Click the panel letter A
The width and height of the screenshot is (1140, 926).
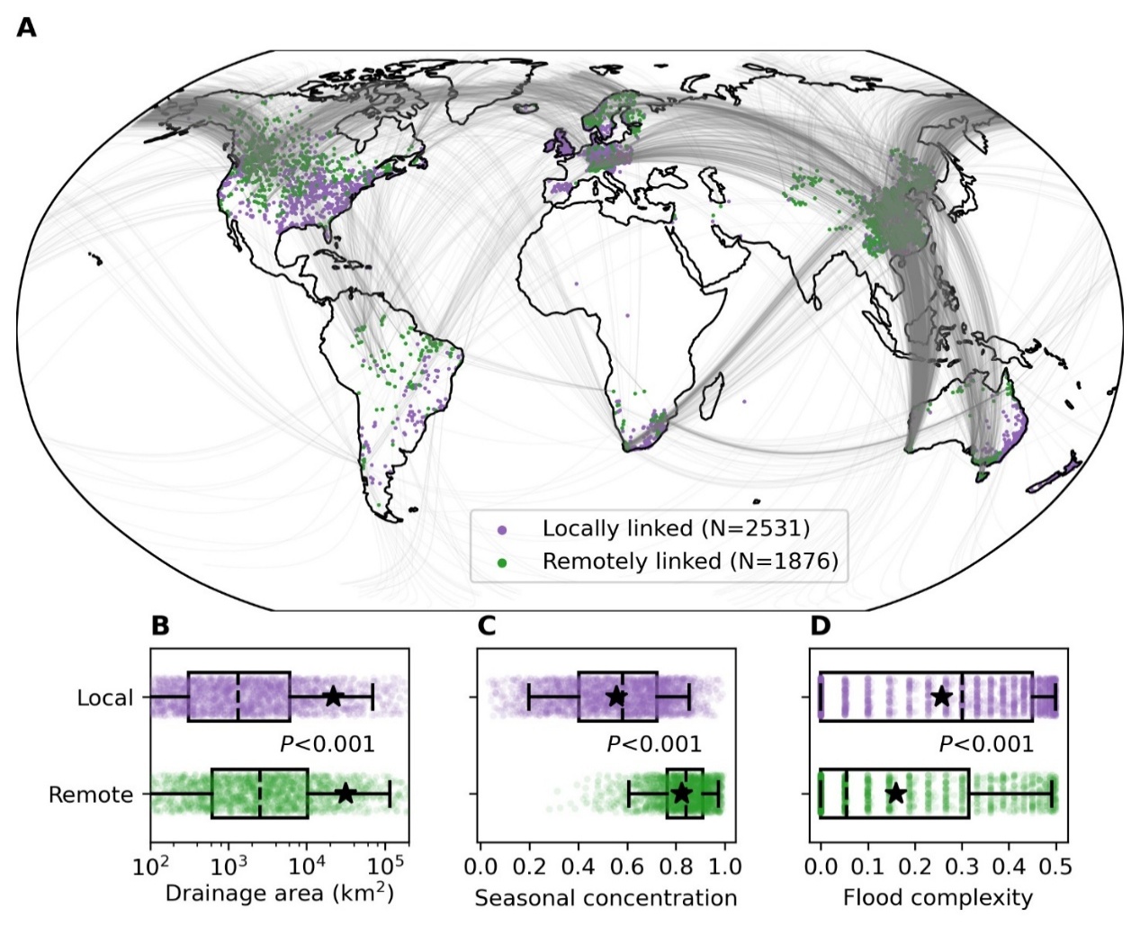(x=27, y=28)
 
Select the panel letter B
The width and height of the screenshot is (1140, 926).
(x=160, y=625)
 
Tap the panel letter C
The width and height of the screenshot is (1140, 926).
(x=487, y=625)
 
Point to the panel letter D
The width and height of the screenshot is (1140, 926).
(x=820, y=625)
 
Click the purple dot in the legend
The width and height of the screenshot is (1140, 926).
(x=502, y=530)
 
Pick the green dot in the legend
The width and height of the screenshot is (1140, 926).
(x=502, y=562)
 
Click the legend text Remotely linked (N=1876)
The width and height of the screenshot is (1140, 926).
(x=690, y=562)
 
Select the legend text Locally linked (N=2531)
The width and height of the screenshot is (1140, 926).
(x=676, y=528)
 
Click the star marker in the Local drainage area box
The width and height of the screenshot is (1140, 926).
(x=333, y=696)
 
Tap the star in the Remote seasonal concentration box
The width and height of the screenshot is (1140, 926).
(x=681, y=793)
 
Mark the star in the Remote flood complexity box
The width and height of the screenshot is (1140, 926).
(x=895, y=793)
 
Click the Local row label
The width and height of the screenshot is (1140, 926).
(x=104, y=698)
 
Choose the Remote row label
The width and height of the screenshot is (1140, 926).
(x=91, y=796)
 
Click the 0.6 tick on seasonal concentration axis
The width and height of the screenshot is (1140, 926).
(x=626, y=867)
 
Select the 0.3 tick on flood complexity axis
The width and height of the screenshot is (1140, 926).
(x=961, y=867)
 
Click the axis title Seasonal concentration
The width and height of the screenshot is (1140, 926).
(x=606, y=898)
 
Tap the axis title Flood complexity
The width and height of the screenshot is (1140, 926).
(x=938, y=898)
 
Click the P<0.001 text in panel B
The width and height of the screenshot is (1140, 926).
(x=328, y=744)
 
